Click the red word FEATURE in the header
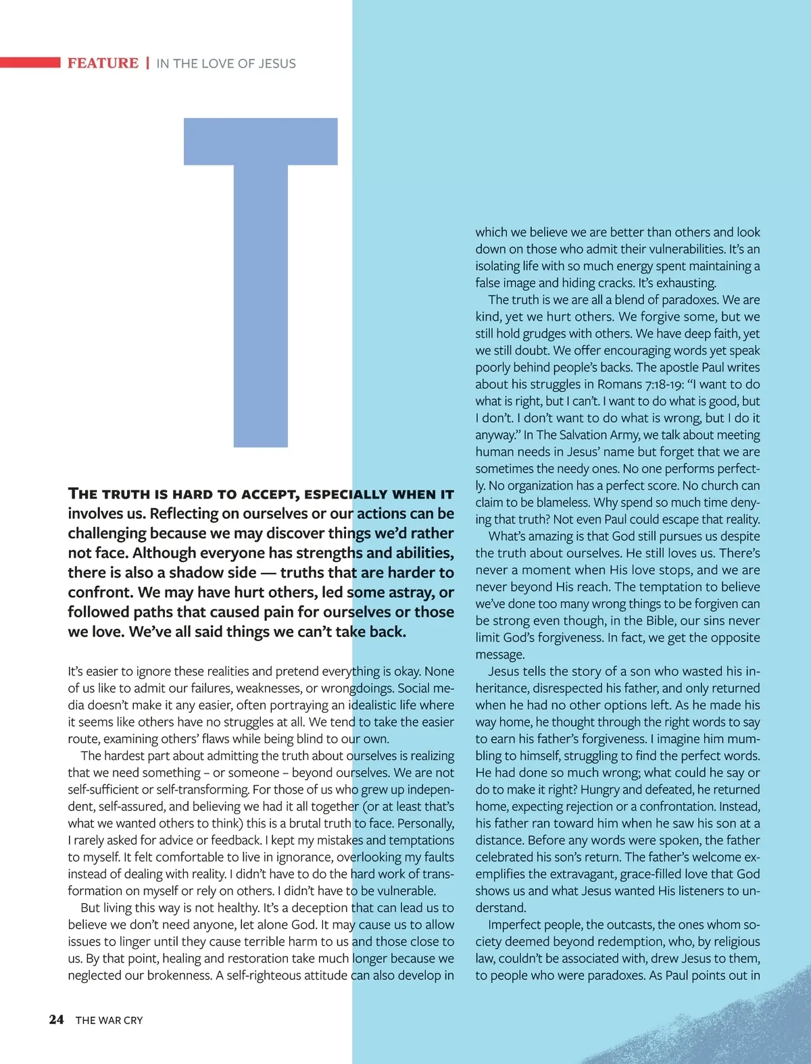(x=103, y=64)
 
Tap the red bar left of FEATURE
(x=30, y=63)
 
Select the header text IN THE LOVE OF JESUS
(x=226, y=64)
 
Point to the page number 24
(x=56, y=1019)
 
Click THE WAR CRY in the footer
(x=109, y=1020)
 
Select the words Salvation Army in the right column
(x=597, y=435)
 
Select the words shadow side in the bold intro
(x=213, y=573)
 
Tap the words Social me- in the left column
(x=426, y=688)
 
